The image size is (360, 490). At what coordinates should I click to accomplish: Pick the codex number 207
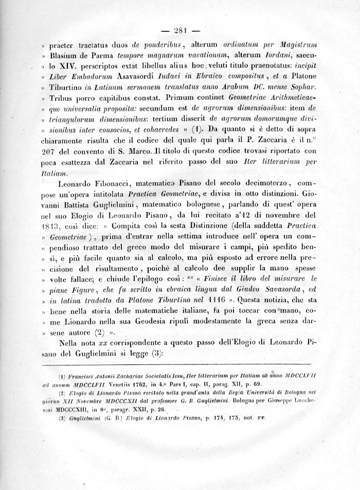coord(51,153)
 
